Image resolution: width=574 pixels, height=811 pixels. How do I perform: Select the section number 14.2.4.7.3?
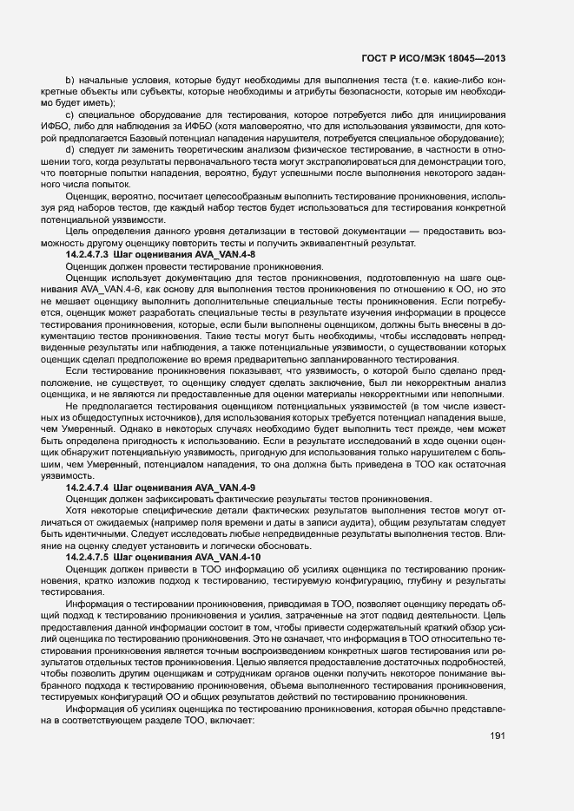pos(88,256)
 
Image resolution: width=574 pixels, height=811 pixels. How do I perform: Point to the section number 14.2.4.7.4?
pos(88,487)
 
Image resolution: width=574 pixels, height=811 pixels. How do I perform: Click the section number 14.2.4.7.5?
pos(88,556)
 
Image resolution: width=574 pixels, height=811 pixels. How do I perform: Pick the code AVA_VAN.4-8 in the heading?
pos(225,256)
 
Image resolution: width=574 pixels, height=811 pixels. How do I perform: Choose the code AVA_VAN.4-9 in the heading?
pos(225,487)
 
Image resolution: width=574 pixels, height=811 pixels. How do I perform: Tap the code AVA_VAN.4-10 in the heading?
pos(228,556)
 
